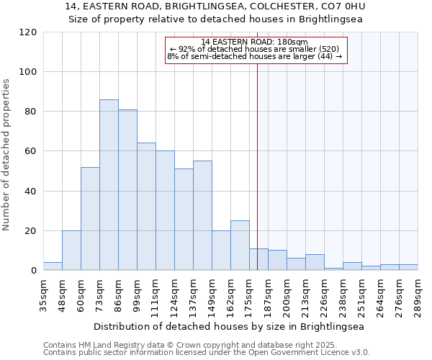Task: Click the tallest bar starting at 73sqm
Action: pos(109,185)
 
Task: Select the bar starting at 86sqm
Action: pos(127,190)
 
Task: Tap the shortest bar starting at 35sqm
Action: pos(53,266)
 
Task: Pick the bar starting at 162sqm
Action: pos(240,246)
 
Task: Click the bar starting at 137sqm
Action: pos(202,216)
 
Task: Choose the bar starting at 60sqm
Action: pos(90,219)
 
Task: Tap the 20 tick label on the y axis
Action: pos(31,231)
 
